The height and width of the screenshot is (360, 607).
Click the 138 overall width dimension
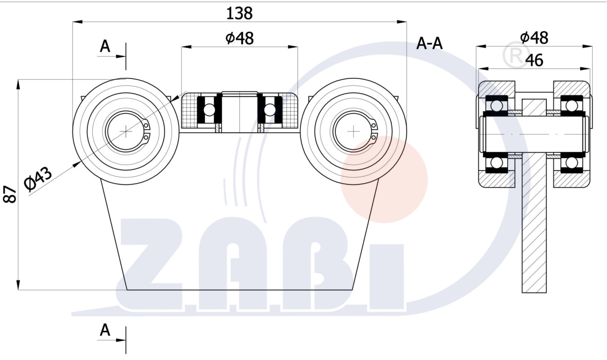239,13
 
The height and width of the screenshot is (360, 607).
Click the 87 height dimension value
10,194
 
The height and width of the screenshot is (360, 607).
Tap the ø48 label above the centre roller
239,38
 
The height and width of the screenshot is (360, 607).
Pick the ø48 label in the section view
534,38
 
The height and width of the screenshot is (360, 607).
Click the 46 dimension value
535,60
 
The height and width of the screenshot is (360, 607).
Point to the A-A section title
430,43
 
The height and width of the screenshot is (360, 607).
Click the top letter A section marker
105,46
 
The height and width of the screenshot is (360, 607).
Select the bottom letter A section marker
105,330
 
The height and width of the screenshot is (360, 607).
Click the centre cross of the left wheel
126,132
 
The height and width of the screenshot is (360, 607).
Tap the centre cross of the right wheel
353,132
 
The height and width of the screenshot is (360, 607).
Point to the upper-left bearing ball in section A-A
496,105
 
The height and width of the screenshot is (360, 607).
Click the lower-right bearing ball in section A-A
571,162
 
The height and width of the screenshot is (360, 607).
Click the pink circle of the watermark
384,180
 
